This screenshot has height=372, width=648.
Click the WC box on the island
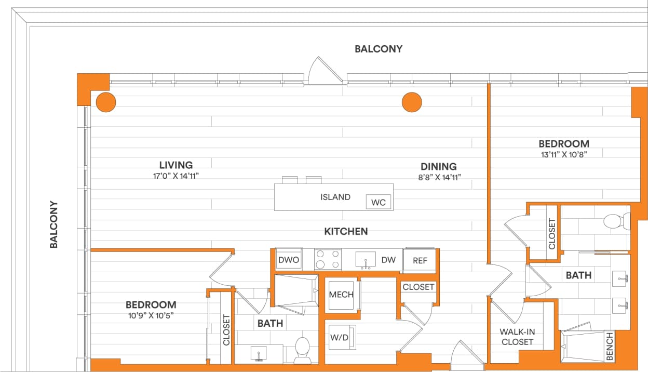[x=379, y=202]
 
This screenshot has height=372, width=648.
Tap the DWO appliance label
[x=289, y=260]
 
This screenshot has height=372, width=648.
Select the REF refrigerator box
[x=420, y=260]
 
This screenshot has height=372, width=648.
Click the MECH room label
[x=341, y=295]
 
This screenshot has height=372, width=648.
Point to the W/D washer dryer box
[x=340, y=337]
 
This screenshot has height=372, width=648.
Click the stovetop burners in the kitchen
[x=328, y=259]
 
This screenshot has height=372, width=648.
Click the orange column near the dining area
[x=412, y=102]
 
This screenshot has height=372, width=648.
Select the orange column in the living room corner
[x=106, y=102]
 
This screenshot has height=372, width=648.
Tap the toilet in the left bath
[x=302, y=349]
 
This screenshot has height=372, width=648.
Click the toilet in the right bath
[x=614, y=222]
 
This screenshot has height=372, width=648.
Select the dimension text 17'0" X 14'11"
[x=176, y=176]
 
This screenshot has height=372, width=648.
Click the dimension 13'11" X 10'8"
[x=563, y=154]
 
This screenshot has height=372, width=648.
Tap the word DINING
[x=438, y=166]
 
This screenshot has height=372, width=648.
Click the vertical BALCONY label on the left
[x=53, y=224]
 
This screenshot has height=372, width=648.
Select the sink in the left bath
[x=259, y=354]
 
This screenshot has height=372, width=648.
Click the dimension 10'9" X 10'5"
[x=151, y=315]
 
